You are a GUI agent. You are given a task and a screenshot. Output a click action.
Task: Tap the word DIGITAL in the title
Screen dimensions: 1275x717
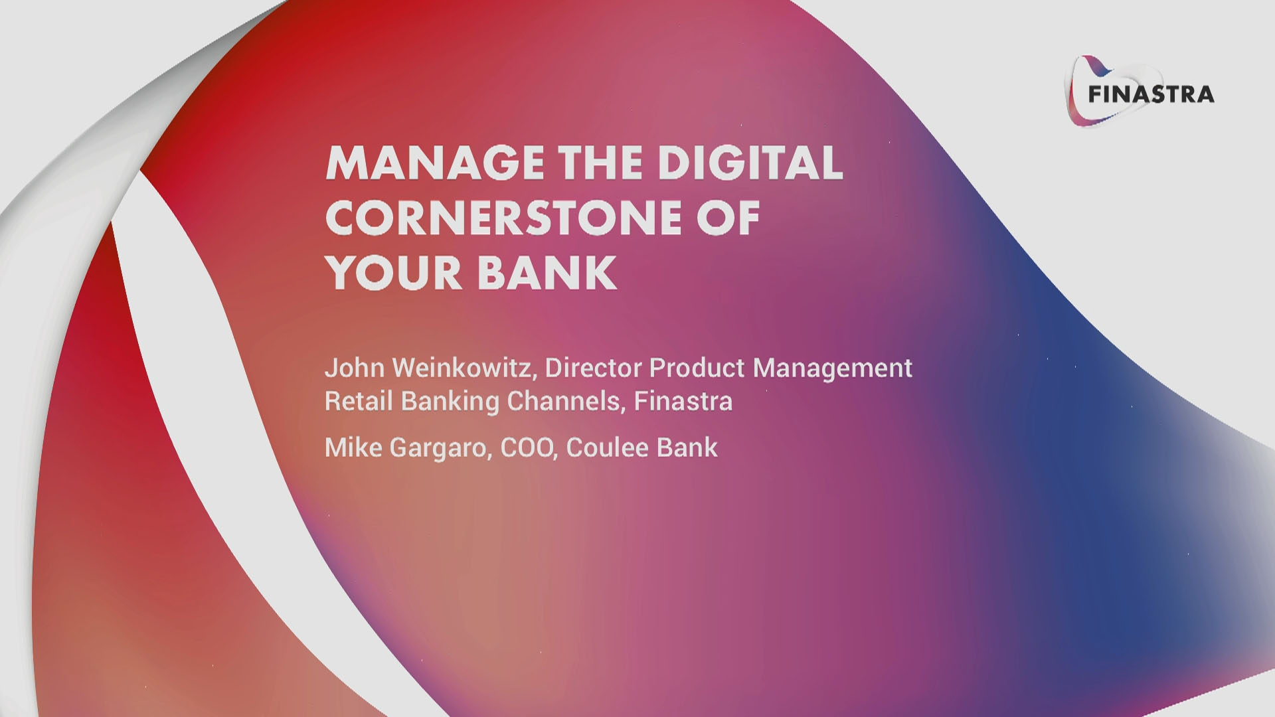[x=750, y=163]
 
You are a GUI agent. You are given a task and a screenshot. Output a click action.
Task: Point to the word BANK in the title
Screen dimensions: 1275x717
[x=547, y=273]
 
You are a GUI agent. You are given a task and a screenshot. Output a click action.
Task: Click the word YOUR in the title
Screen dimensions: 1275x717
[x=394, y=273]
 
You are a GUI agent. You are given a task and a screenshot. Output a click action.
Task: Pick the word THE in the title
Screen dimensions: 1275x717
[x=600, y=163]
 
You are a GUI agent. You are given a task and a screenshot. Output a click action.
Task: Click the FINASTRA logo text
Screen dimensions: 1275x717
[x=1151, y=94]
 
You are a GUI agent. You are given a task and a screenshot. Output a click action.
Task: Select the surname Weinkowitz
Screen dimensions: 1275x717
[x=464, y=368]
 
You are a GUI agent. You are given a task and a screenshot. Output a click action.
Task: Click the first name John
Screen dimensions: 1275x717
[x=355, y=368]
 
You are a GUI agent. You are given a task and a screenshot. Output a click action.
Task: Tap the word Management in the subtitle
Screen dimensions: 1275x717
[x=833, y=368]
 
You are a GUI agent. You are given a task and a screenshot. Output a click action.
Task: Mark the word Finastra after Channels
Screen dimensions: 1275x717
[x=683, y=401]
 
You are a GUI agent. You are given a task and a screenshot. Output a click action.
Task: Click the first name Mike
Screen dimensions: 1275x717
[x=353, y=447]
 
